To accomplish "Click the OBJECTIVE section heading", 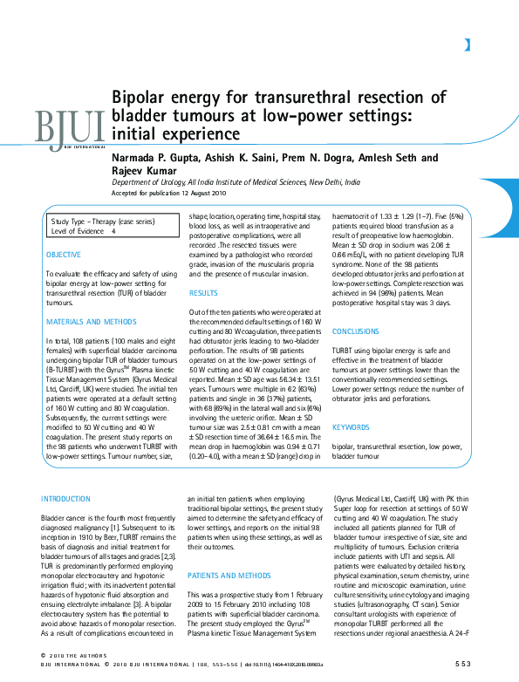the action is (64, 255).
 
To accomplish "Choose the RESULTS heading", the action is (203, 294).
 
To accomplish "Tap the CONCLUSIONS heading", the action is (356, 332).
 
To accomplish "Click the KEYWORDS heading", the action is (351, 427).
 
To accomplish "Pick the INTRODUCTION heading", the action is (71, 498).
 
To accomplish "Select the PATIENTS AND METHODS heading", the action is (229, 575).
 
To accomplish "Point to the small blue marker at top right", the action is (467, 44).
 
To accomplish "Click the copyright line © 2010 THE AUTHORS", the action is (73, 655).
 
